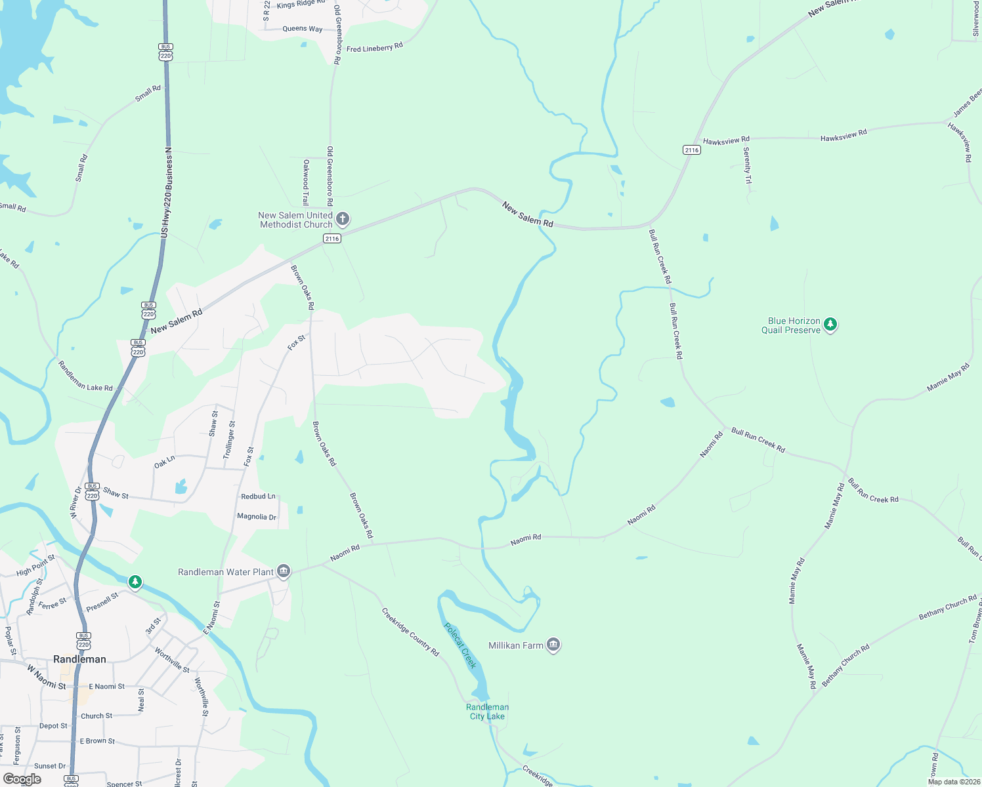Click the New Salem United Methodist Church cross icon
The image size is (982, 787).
(x=342, y=219)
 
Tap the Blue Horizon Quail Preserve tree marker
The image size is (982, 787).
(x=830, y=325)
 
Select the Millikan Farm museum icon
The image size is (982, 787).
(x=553, y=645)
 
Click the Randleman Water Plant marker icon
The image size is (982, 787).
(x=283, y=572)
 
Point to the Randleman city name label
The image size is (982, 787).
(x=79, y=659)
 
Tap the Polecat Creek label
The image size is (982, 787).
(x=460, y=645)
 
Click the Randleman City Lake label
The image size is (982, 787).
(x=488, y=712)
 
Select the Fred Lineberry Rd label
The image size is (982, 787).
(x=374, y=47)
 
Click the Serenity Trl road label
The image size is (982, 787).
(x=747, y=165)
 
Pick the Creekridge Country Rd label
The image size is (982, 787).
(x=410, y=632)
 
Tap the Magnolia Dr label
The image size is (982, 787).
(x=257, y=517)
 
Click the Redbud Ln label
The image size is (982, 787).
(x=258, y=496)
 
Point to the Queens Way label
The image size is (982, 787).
(x=302, y=29)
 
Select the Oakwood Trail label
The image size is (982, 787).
(x=305, y=182)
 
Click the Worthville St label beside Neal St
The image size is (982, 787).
(x=201, y=696)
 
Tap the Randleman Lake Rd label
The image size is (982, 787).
(x=85, y=376)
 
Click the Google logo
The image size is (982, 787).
(x=22, y=779)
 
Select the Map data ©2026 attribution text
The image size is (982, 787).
(x=953, y=782)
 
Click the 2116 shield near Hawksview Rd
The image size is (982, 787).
(x=692, y=150)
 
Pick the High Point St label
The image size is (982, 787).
(x=36, y=565)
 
